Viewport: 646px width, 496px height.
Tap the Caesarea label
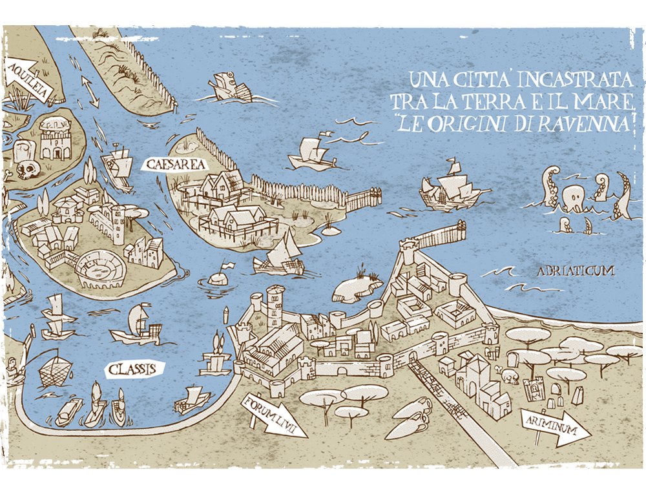(167, 165)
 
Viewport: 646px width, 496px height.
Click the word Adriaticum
(575, 271)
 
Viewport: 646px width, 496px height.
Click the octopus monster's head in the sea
(575, 196)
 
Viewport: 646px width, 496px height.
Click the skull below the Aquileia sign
(26, 170)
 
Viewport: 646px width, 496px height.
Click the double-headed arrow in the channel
(90, 91)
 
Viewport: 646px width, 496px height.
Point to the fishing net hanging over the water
(55, 372)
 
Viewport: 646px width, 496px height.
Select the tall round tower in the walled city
(275, 304)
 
